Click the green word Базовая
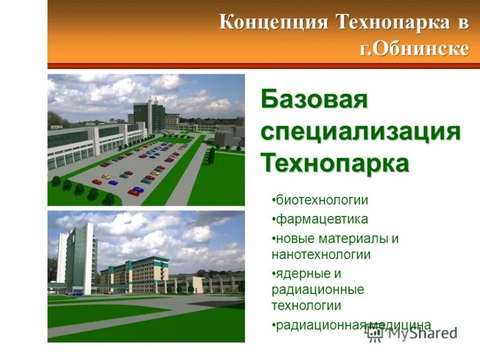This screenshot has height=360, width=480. (314, 100)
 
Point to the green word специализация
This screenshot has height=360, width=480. (361, 131)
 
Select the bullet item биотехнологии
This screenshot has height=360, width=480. (321, 200)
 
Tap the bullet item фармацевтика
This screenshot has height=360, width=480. (321, 219)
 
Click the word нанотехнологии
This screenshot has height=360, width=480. (321, 254)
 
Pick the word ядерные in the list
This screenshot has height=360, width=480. (301, 274)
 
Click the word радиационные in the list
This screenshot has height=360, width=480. (317, 290)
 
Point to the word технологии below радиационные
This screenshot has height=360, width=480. (306, 305)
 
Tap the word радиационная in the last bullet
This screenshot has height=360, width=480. (320, 325)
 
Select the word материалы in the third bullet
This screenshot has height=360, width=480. (353, 238)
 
